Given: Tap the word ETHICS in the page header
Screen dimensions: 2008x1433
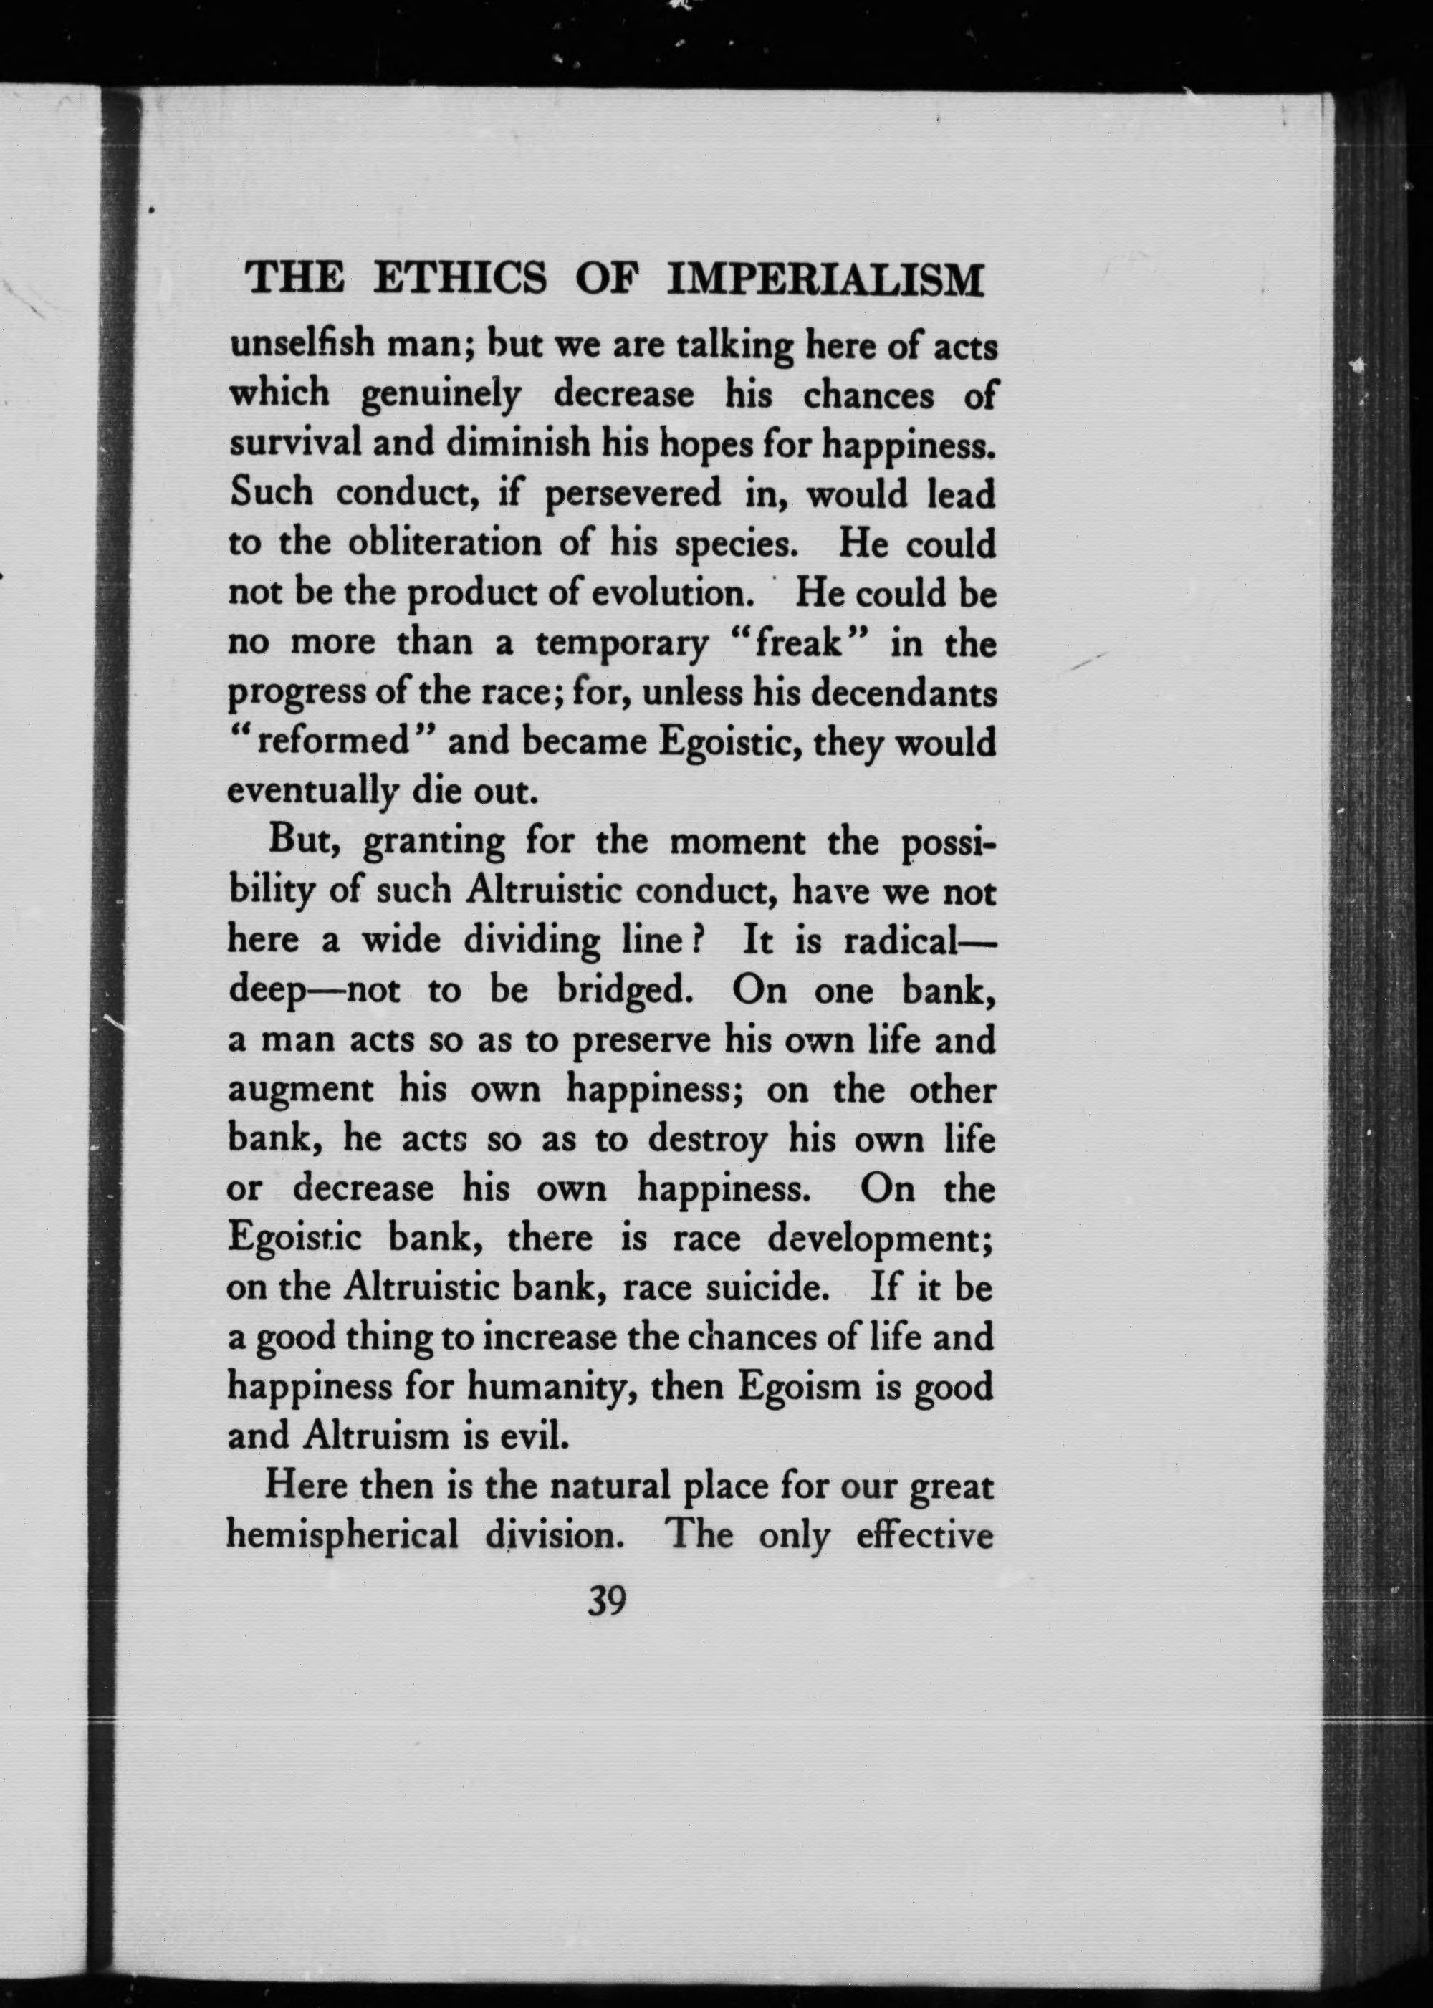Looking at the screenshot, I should [x=461, y=281].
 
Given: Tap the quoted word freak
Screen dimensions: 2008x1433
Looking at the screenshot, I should [x=796, y=644].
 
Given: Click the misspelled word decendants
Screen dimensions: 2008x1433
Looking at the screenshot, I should [x=903, y=693].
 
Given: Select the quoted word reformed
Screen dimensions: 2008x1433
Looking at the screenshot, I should [x=330, y=742].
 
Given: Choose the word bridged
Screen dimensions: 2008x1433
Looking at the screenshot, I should [x=621, y=991].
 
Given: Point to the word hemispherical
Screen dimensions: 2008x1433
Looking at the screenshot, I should [x=342, y=1536].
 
